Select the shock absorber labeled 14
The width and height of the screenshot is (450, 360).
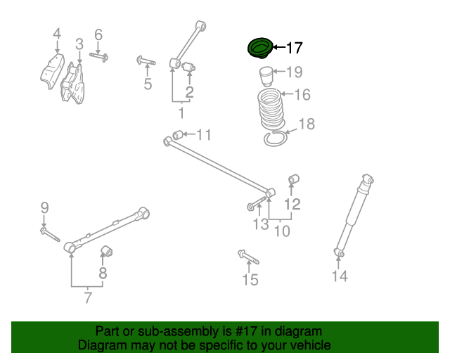point(354,214)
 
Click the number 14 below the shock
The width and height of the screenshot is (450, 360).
point(340,276)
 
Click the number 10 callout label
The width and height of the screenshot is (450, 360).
point(282,230)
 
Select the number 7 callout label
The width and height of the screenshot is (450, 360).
point(88,297)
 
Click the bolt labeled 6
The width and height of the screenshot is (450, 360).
point(98,56)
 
